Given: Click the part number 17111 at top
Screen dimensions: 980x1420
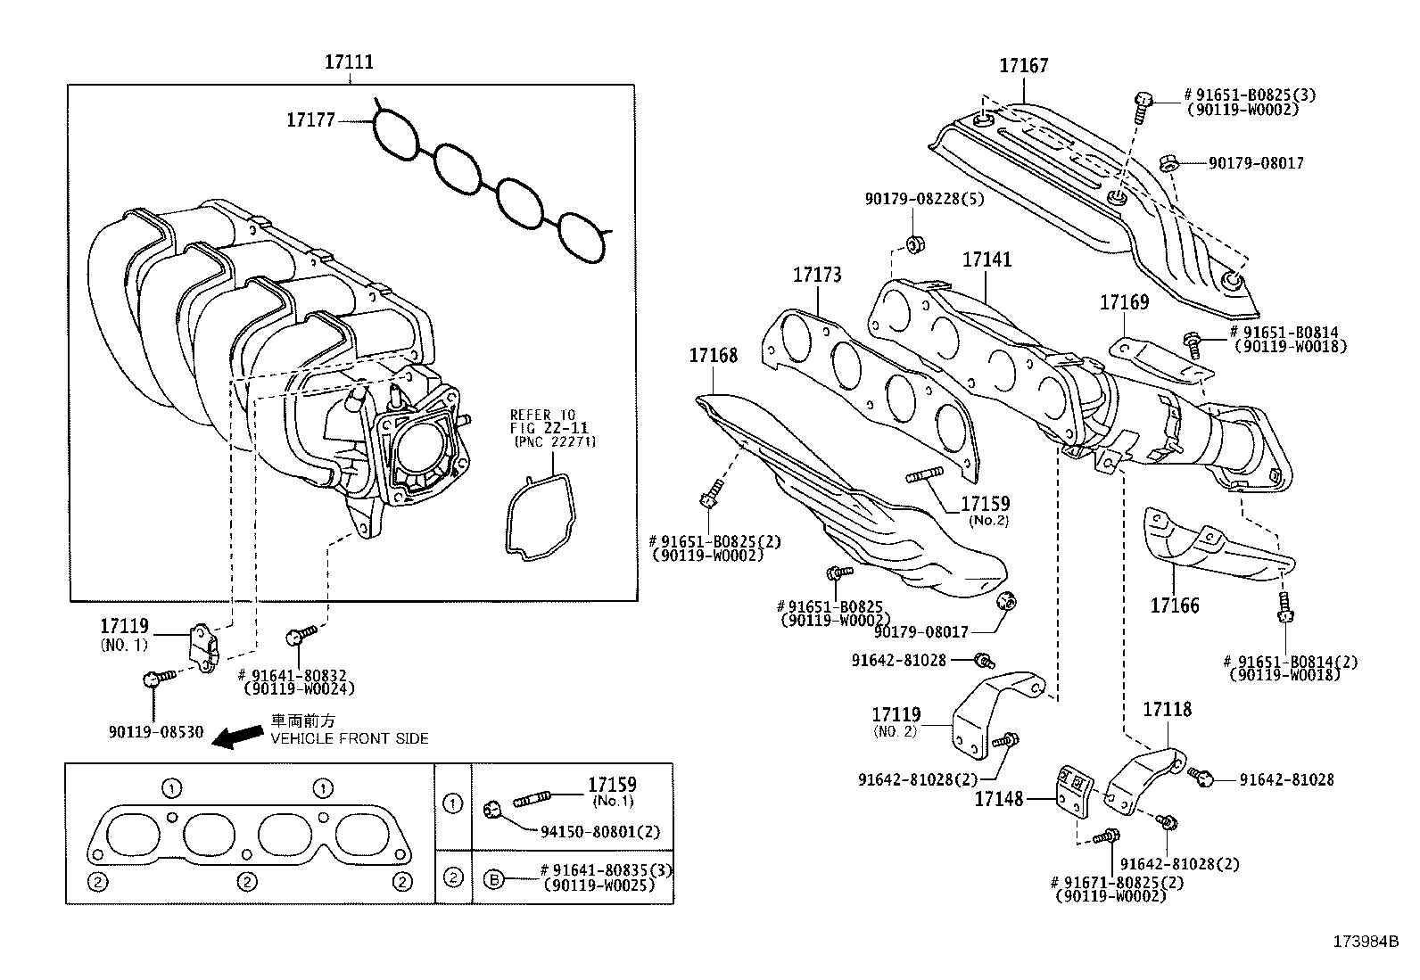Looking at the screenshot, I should click(349, 62).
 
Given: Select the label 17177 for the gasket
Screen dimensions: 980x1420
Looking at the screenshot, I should click(310, 119).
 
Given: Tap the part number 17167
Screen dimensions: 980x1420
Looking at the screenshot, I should click(1023, 65).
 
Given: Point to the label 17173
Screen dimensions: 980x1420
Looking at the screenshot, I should click(816, 275).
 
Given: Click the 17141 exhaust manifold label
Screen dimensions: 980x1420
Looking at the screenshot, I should click(987, 259).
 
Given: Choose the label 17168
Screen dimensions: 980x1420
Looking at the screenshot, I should click(713, 356).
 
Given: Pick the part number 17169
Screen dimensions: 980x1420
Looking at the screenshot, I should click(1124, 302).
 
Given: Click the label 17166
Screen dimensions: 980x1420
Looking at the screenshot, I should click(1174, 605).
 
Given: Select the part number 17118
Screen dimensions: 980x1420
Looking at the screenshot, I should click(1167, 710).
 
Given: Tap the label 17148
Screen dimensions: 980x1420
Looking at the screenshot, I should click(998, 800).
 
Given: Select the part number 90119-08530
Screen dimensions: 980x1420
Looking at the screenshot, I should click(156, 732).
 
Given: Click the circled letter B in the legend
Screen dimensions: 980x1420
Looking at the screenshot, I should click(493, 878).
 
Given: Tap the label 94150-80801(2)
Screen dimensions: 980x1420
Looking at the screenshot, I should click(600, 831).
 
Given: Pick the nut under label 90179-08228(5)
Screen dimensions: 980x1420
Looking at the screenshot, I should click(913, 243).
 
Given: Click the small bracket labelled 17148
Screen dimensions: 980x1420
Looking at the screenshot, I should click(1073, 790).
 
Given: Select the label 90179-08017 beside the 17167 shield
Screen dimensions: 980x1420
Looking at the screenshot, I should click(1255, 163).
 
